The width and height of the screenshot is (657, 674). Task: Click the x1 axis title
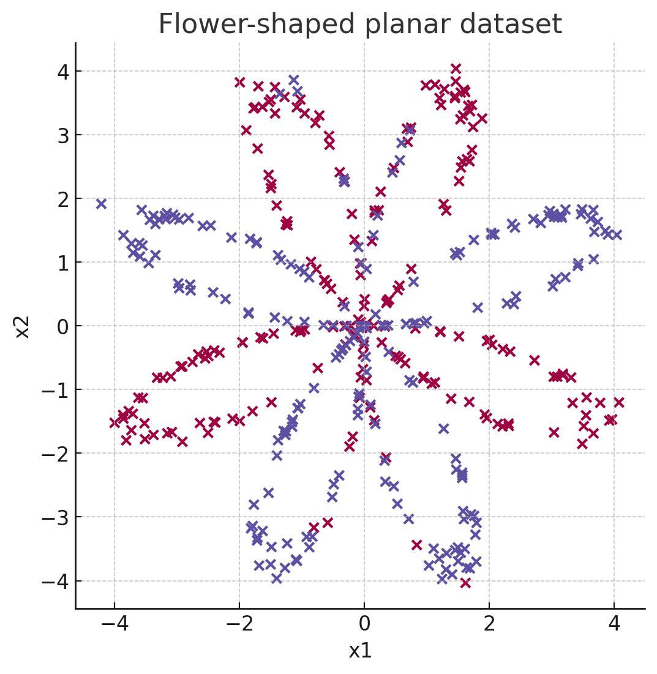pos(360,651)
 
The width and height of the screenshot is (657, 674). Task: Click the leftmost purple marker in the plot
pos(102,204)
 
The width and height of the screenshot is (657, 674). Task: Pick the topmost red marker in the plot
pos(456,69)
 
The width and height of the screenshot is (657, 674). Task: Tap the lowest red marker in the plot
pos(465,583)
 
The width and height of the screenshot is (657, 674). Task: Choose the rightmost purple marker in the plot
pos(617,234)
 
